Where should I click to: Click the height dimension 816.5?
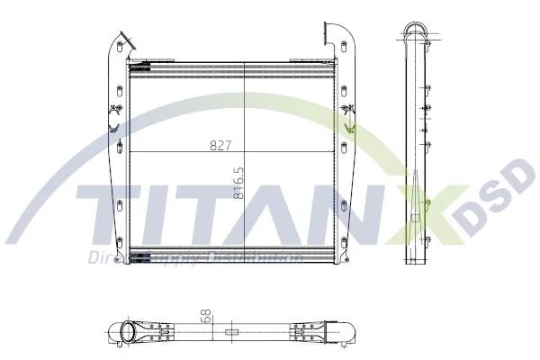[x=239, y=181]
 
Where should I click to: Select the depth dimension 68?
[x=205, y=317]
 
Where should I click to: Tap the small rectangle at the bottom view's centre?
[x=231, y=332]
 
